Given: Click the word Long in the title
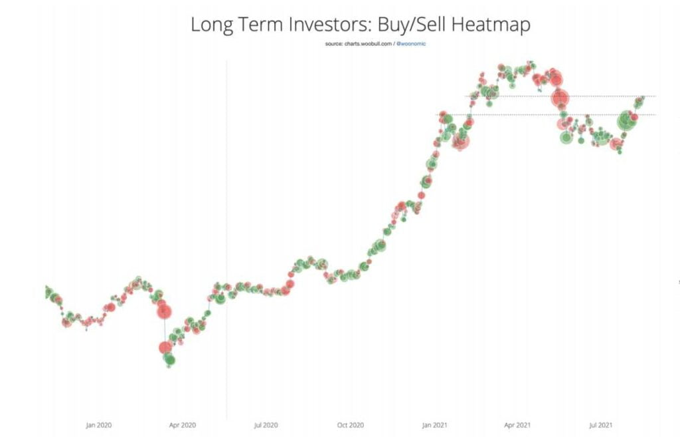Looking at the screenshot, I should pos(209,25).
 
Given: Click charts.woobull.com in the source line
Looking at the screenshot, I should pos(366,44).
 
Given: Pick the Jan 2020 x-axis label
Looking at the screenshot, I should pos(99,425).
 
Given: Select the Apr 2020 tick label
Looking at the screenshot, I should pos(183,425).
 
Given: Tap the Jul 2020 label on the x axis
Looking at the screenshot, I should pos(266,425).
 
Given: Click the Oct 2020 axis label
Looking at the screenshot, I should pos(351,425).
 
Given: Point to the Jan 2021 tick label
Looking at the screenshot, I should pos(435,425).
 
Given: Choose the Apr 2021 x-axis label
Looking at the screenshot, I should pos(517,425).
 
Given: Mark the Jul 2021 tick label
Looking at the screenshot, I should pos(600,425).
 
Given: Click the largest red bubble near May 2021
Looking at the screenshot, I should pos(560,98).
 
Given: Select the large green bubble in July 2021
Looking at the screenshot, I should pos(626,121).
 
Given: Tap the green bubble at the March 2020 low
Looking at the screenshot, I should pos(169,360).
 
